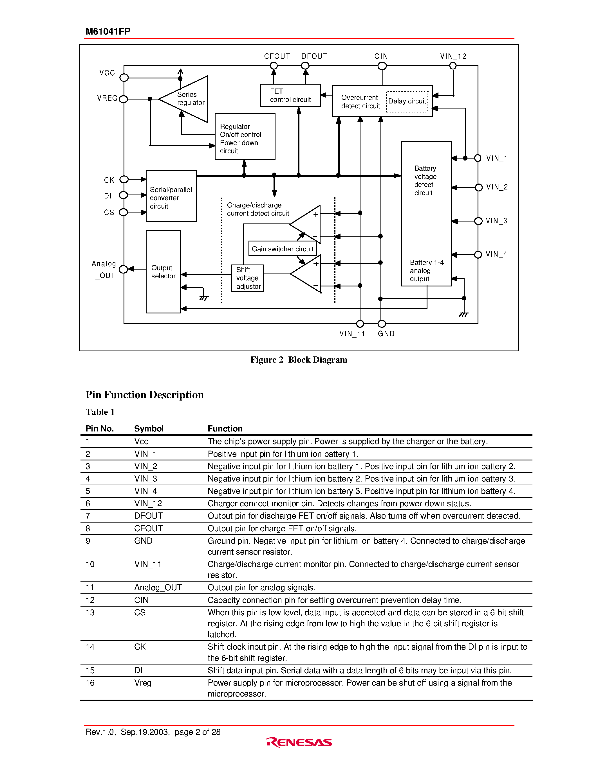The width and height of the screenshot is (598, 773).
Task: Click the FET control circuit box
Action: pos(290,95)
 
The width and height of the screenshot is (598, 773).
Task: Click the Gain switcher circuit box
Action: pos(282,249)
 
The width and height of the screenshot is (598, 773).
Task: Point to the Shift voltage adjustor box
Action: pos(248,278)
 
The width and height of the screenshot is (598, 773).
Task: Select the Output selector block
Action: pos(163,272)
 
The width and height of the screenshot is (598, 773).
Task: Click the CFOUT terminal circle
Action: pos(274,66)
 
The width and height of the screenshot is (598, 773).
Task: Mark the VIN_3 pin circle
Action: pos(478,221)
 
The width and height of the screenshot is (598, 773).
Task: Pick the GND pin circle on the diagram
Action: pos(382,324)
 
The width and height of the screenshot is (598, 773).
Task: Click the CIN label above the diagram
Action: pos(381,56)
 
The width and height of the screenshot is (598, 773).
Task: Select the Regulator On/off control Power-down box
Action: pos(245,137)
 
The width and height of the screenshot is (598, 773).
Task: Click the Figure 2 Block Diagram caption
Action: pos(299,360)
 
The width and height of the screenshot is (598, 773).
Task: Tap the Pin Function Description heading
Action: pos(145,395)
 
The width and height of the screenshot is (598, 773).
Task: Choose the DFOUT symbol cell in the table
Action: pos(148,516)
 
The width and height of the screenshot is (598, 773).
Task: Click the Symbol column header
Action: pos(149,429)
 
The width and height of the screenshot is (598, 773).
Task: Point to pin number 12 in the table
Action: pos(90,600)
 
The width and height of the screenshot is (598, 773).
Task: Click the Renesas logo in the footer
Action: pos(299,742)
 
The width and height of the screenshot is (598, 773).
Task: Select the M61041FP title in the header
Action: pos(108,31)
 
